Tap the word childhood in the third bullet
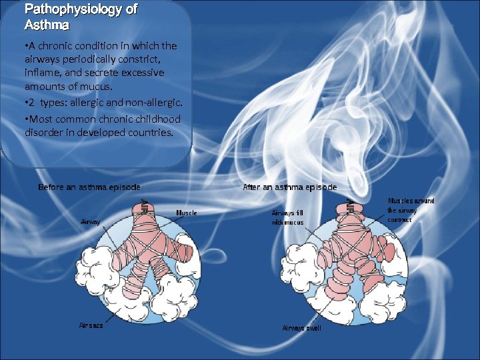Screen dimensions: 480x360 click(155, 119)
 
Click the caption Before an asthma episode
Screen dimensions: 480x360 click(89, 187)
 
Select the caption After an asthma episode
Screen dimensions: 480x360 click(290, 187)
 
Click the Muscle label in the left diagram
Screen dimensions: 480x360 click(186, 213)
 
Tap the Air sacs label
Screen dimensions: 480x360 click(91, 326)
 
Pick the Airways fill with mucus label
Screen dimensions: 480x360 click(287, 217)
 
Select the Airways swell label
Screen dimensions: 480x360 click(301, 328)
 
